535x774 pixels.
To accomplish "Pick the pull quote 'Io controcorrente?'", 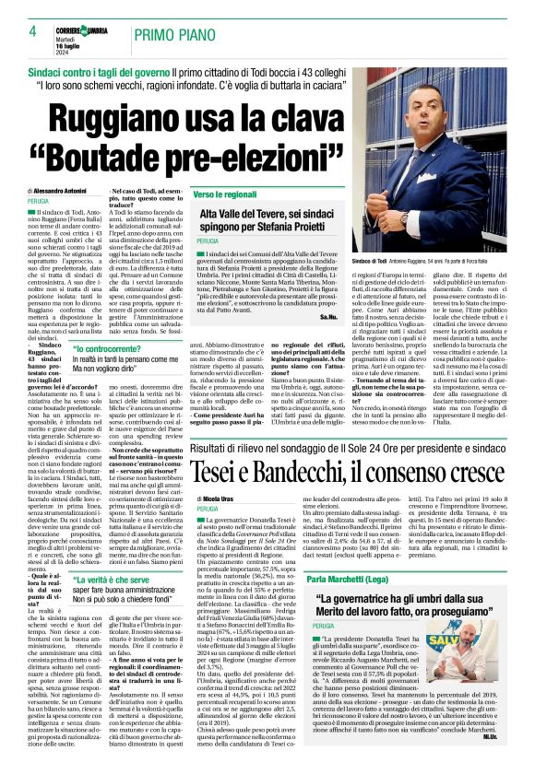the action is (111, 350).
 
